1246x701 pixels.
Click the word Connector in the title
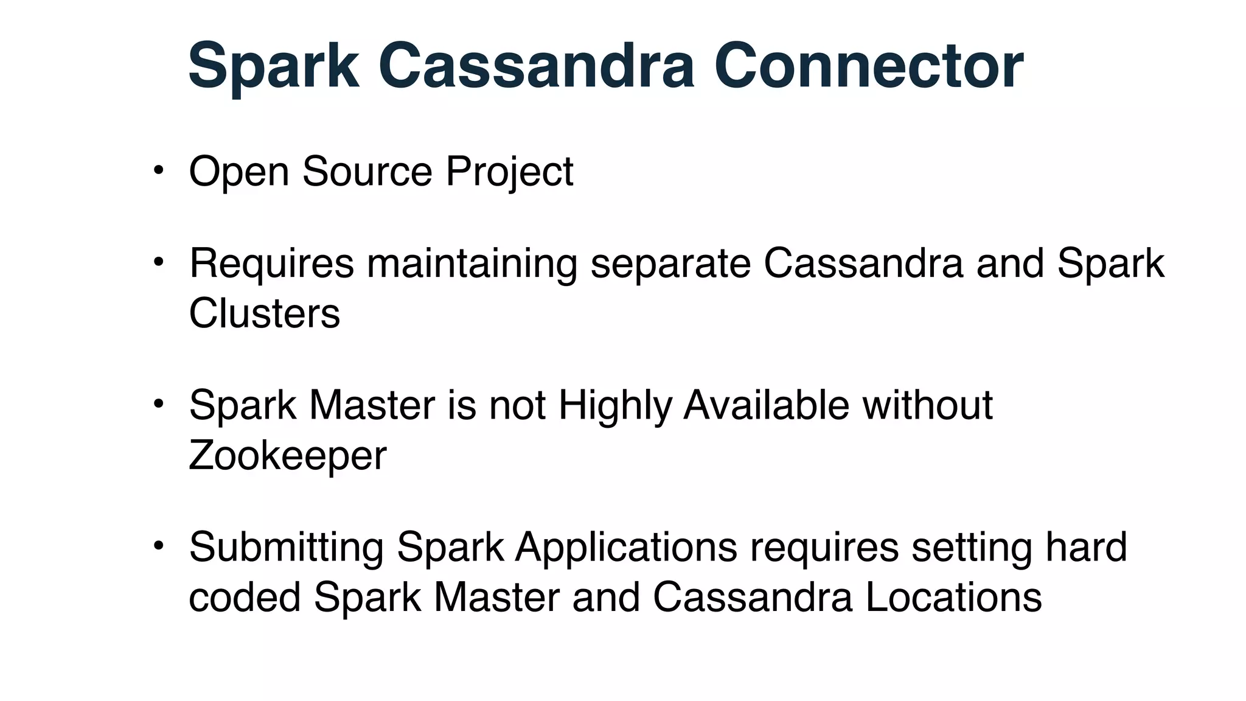point(868,66)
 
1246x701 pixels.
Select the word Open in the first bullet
point(239,172)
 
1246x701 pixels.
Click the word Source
point(367,172)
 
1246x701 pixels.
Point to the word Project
point(509,173)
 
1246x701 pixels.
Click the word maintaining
point(472,264)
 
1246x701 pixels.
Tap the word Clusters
point(264,314)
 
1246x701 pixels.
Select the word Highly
point(614,406)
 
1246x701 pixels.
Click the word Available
point(766,405)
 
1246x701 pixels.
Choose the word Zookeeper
point(287,456)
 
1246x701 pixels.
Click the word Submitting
point(286,548)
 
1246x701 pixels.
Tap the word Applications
point(626,548)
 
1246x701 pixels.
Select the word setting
point(972,548)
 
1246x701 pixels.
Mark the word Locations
point(953,598)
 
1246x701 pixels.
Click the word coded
point(245,598)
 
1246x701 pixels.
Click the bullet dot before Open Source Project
point(158,170)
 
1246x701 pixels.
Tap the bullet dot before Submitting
point(158,545)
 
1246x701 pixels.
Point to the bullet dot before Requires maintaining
point(158,262)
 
